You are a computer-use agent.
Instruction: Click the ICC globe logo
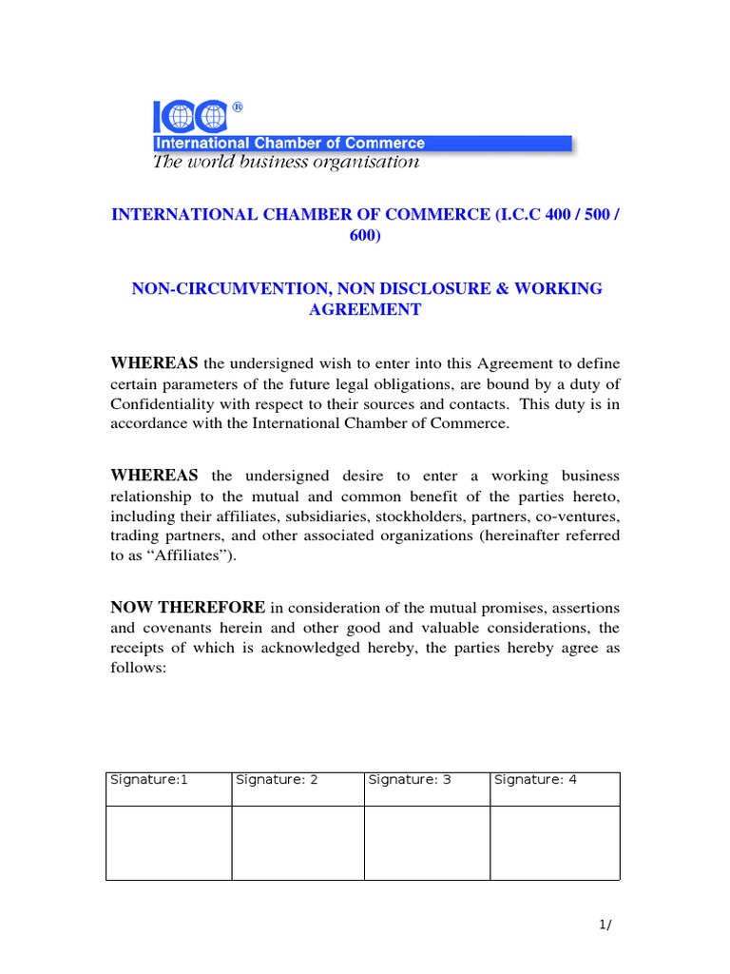pos(190,117)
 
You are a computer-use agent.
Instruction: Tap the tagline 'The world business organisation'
pos(286,162)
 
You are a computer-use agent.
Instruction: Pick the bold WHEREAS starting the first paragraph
pos(155,362)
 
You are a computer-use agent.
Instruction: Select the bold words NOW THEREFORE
pos(189,607)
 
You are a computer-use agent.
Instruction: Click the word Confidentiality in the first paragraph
pos(167,404)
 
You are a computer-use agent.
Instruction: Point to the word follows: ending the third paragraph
pos(139,669)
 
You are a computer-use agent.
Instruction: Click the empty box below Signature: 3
pos(427,843)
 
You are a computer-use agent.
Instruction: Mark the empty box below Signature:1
pos(168,843)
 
